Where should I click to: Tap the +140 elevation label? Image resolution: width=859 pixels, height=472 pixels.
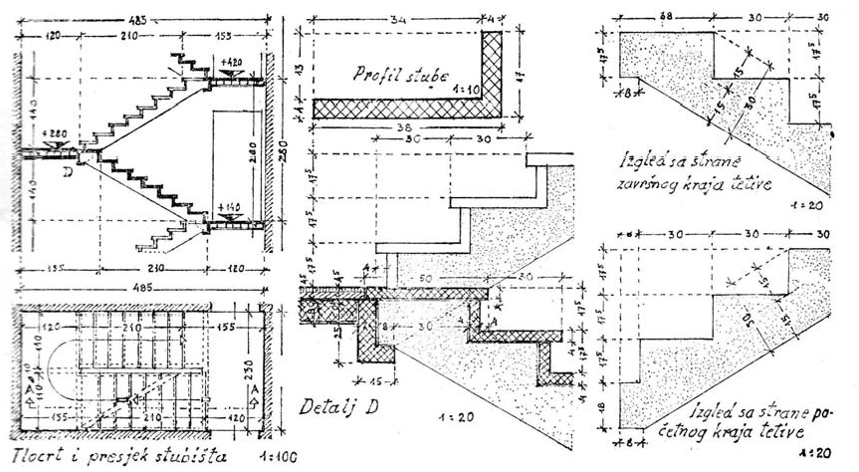(229, 207)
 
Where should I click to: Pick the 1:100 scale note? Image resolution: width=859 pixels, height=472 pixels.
(255, 459)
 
